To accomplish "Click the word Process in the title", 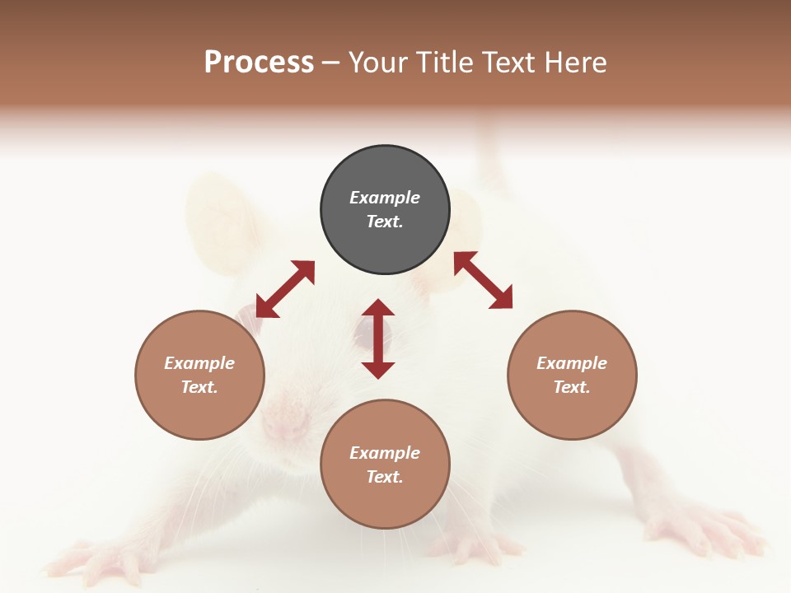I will (259, 63).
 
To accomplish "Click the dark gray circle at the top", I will (385, 210).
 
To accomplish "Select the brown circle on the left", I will (199, 375).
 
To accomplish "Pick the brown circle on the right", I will (572, 375).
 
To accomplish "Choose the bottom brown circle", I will (385, 465).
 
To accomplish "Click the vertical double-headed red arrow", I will (378, 339).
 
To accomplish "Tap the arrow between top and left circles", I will (285, 289).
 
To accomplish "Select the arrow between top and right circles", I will (483, 280).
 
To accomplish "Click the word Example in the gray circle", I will (385, 198).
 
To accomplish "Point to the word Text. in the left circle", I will (199, 387).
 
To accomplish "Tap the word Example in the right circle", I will (572, 363).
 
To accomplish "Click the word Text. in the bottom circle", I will (385, 477).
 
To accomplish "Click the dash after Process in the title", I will (331, 63).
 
